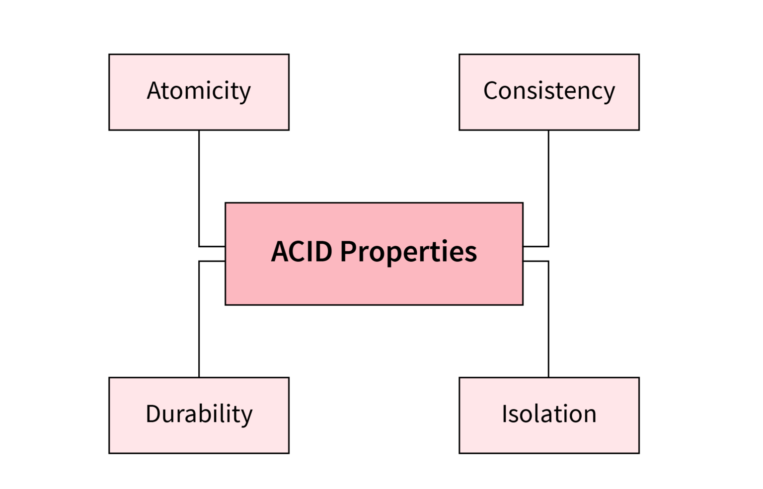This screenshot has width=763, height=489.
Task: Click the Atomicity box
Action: (x=199, y=114)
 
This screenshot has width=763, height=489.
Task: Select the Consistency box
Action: (x=549, y=114)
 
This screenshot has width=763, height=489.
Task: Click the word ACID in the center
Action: (x=302, y=251)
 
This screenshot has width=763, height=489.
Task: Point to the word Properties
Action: (x=408, y=252)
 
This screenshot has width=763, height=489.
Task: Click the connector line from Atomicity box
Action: (x=199, y=189)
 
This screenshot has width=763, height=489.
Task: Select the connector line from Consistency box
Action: (x=548, y=189)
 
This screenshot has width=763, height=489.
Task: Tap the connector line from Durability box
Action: (x=199, y=318)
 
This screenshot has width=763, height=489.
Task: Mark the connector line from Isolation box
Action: (x=548, y=318)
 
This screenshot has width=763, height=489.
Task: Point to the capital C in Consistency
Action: (x=491, y=91)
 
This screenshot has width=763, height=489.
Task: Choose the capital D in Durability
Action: (x=153, y=414)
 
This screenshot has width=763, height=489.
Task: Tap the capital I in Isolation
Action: (x=505, y=414)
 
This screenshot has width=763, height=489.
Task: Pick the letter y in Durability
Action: (x=246, y=417)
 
